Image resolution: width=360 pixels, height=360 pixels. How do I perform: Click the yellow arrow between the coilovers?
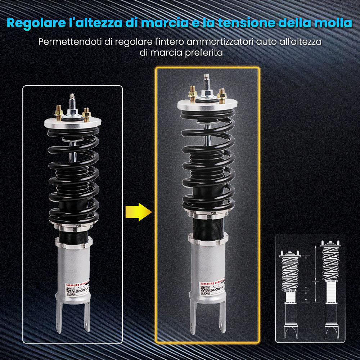tap(138, 212)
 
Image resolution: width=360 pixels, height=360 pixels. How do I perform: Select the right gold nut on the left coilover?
tap(86, 114)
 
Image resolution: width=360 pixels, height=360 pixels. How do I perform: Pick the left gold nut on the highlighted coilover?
tap(193, 94)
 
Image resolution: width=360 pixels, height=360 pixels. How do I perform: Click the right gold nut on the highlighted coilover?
tap(222, 95)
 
